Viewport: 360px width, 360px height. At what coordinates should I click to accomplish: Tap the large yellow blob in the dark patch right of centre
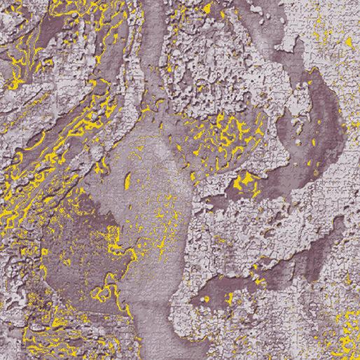click(244, 184)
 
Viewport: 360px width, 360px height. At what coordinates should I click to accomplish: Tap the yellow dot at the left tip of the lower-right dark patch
click(207, 300)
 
